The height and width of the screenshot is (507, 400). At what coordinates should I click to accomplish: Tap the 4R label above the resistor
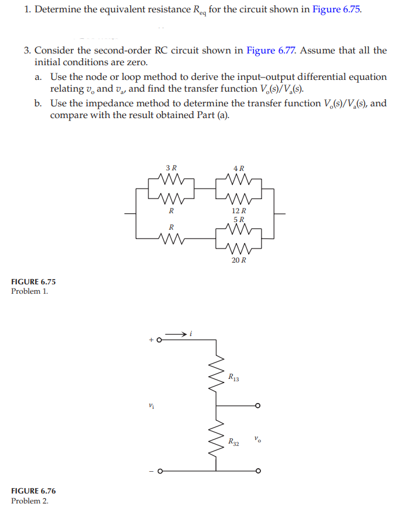tap(239, 167)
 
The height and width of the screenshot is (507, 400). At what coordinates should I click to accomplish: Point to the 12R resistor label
tap(239, 210)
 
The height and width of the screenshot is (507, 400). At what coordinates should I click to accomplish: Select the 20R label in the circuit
tap(239, 260)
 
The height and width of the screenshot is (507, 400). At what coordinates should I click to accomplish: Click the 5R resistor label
tap(239, 220)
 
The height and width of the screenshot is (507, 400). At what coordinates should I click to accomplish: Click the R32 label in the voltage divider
tap(233, 442)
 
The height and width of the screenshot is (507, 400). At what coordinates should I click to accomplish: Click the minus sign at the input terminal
tap(151, 471)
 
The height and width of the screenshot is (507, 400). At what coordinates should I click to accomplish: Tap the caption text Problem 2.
tap(29, 501)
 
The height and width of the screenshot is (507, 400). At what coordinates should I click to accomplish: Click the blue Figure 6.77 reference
tap(271, 50)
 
